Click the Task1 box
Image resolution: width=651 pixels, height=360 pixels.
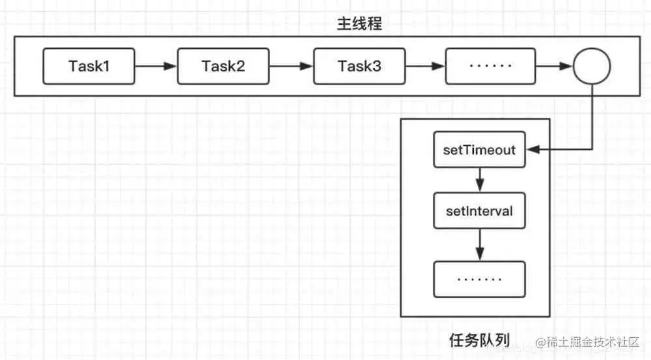[89, 66]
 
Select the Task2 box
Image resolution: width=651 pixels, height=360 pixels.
[223, 66]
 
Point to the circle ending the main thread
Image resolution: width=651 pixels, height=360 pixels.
[591, 66]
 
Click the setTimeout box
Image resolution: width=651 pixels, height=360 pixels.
[480, 150]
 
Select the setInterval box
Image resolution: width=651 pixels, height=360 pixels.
[480, 212]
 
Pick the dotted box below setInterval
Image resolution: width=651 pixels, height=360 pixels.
[480, 279]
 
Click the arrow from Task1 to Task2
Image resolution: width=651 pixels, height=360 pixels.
[156, 66]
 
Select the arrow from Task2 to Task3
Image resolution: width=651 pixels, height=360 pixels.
[291, 66]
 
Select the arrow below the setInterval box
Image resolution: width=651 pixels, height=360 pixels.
[480, 245]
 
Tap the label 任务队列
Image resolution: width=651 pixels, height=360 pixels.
[479, 339]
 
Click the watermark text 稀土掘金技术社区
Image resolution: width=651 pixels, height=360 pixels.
[589, 342]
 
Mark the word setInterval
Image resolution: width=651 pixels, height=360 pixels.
[480, 212]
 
